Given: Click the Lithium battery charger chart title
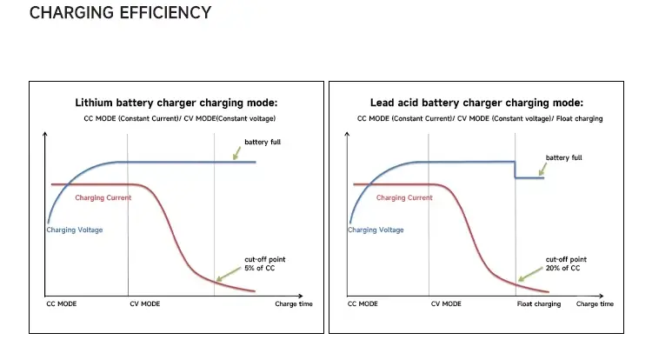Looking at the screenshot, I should tap(176, 103).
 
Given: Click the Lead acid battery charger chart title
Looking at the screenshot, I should tap(476, 103).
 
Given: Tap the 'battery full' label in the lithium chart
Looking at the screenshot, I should tap(263, 142).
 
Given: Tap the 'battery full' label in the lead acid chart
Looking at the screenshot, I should tap(563, 157).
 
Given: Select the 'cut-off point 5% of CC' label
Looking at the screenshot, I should tap(262, 263).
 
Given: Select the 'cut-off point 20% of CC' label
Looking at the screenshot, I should tap(565, 263).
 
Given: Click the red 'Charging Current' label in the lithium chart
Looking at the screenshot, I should tap(103, 198).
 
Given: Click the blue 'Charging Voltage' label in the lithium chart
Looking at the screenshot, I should tap(74, 230).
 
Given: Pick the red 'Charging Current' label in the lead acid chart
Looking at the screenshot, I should tap(404, 198).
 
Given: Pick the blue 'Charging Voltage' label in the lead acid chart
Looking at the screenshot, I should tap(376, 230).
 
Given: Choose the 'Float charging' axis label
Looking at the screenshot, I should tap(539, 304).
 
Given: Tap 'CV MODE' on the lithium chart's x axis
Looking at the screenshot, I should tap(144, 304).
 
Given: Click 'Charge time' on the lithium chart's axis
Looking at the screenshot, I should tap(293, 304).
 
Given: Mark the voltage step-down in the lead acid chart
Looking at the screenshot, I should tap(515, 170).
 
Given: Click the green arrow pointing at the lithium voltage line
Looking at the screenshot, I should tap(236, 153).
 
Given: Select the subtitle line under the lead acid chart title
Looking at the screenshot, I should tap(479, 118).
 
